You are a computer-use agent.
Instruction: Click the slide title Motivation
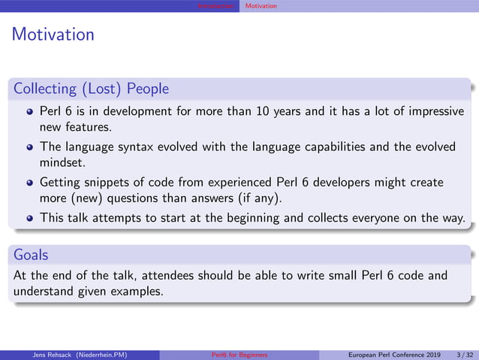pyautogui.click(x=53, y=35)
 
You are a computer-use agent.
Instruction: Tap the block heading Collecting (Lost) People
pyautogui.click(x=91, y=89)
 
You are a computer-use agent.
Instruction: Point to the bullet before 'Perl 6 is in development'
pyautogui.click(x=29, y=111)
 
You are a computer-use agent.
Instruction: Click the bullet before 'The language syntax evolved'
pyautogui.click(x=29, y=147)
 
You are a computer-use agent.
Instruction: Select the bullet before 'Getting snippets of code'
pyautogui.click(x=29, y=183)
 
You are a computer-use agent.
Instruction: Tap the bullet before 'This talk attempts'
pyautogui.click(x=29, y=219)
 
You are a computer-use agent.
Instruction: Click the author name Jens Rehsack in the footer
pyautogui.click(x=50, y=354)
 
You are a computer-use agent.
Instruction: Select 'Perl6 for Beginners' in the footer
pyautogui.click(x=239, y=354)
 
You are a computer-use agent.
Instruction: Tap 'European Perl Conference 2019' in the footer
pyautogui.click(x=395, y=354)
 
